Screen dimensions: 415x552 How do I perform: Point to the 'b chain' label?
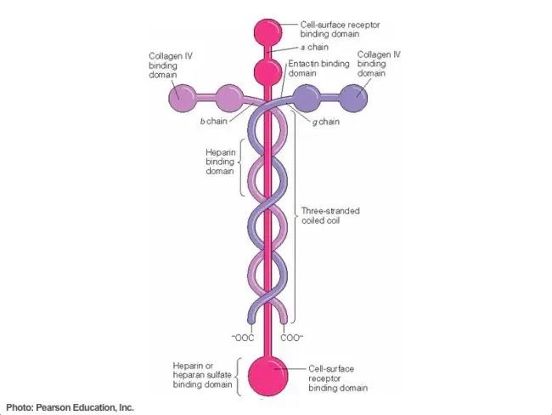[213, 122]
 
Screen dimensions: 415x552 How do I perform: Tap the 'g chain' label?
[326, 122]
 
